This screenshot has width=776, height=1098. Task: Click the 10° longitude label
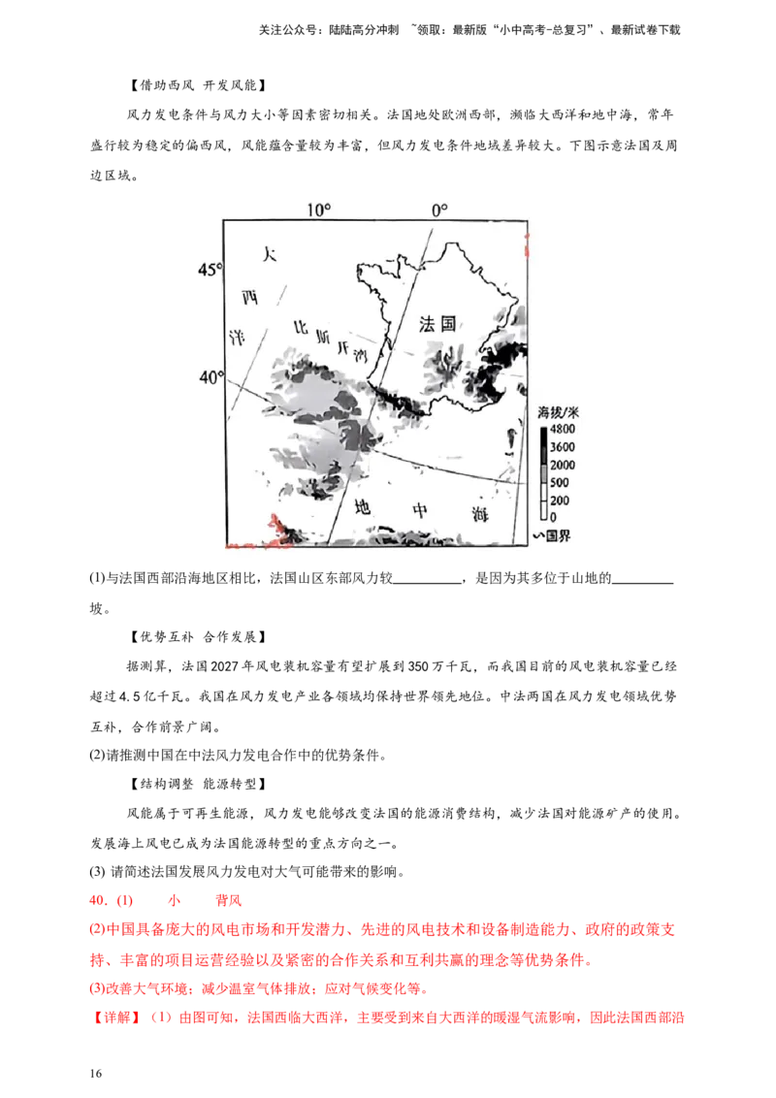point(318,210)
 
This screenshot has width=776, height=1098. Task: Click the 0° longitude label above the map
point(439,210)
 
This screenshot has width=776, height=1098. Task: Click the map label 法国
point(437,324)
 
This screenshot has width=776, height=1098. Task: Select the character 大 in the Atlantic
point(271,255)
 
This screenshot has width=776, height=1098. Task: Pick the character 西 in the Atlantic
point(250,298)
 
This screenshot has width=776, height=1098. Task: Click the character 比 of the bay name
point(301,328)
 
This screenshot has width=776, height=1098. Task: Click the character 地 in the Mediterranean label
point(363,505)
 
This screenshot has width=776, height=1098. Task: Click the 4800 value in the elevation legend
point(563,429)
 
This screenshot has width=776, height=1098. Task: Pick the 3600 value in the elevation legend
point(563,447)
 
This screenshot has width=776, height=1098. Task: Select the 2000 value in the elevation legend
point(563,466)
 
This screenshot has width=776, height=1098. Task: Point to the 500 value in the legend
point(560,483)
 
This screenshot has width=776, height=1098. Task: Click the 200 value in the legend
point(560,501)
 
